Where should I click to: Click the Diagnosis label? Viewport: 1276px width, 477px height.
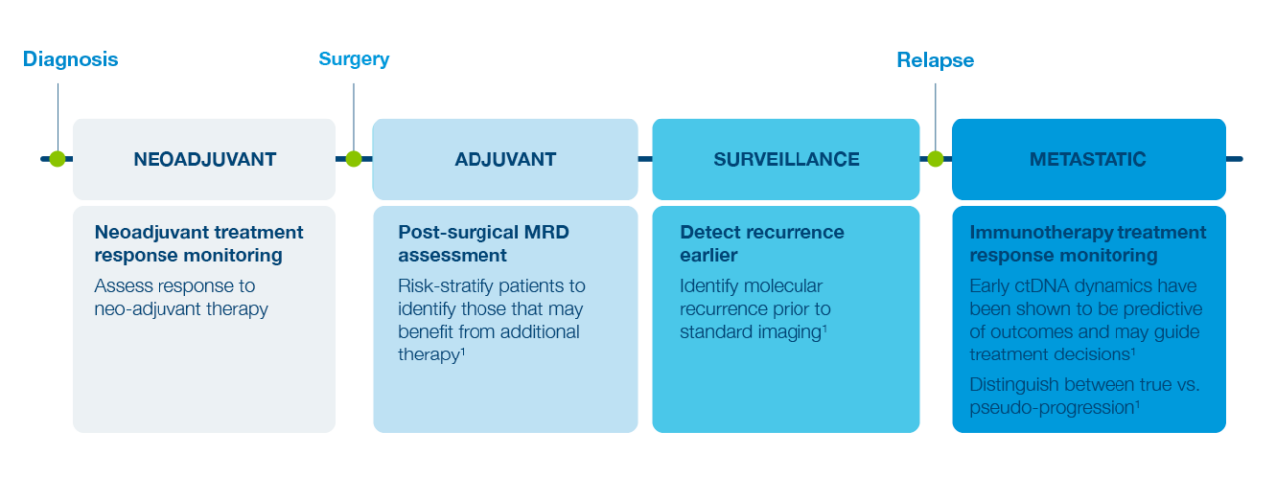click(x=70, y=59)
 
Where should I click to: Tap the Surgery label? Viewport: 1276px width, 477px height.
click(x=354, y=59)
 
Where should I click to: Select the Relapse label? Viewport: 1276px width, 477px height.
click(x=935, y=60)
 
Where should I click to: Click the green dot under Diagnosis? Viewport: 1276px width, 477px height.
click(x=57, y=159)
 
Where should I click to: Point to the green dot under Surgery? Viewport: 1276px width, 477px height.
click(x=354, y=159)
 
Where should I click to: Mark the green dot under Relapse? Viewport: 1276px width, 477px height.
click(x=935, y=159)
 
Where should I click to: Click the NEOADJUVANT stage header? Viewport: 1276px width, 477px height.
click(x=204, y=159)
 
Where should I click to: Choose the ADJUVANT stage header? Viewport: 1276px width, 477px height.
click(x=505, y=159)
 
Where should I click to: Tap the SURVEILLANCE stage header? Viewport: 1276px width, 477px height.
click(x=786, y=159)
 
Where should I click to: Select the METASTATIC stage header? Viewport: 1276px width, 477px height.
click(x=1088, y=159)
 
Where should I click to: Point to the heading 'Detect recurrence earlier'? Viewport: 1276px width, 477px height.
click(x=762, y=244)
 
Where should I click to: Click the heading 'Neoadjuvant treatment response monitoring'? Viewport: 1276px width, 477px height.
click(x=198, y=244)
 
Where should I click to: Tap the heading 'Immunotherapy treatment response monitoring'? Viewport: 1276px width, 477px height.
click(x=1088, y=244)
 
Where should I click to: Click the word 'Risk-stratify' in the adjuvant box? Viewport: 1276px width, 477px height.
click(x=447, y=287)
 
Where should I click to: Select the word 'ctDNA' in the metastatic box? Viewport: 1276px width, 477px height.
click(x=1041, y=287)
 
